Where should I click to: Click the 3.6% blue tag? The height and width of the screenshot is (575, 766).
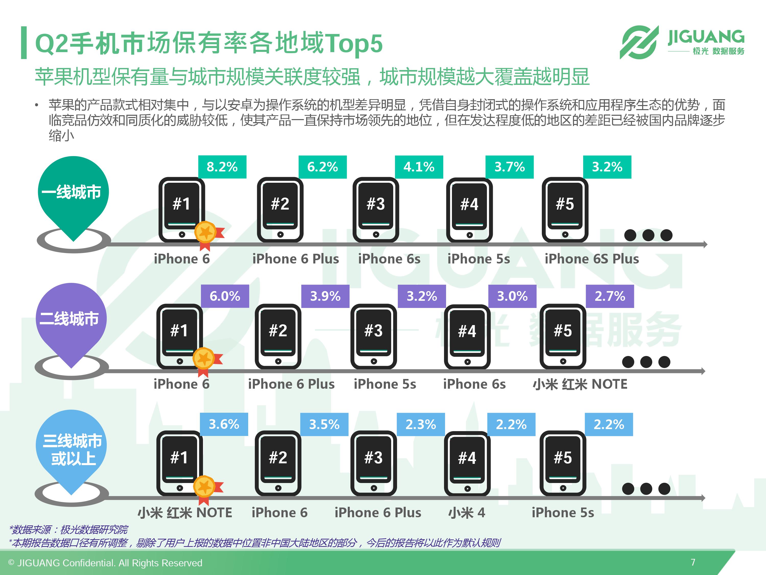[x=224, y=424]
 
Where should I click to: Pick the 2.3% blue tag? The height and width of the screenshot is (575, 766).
[x=421, y=424]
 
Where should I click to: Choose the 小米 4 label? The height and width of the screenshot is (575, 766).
[x=466, y=513]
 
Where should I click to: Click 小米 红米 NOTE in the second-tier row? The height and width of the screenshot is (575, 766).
[x=580, y=384]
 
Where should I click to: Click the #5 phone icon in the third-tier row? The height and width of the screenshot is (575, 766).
[x=563, y=463]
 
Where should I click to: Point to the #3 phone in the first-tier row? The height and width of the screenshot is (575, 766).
[x=376, y=210]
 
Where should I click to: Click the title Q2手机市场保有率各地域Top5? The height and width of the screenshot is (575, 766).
[x=209, y=43]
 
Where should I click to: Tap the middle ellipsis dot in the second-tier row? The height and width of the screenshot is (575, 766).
[x=646, y=362]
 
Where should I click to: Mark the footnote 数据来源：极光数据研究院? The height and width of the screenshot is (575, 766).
[x=69, y=530]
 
